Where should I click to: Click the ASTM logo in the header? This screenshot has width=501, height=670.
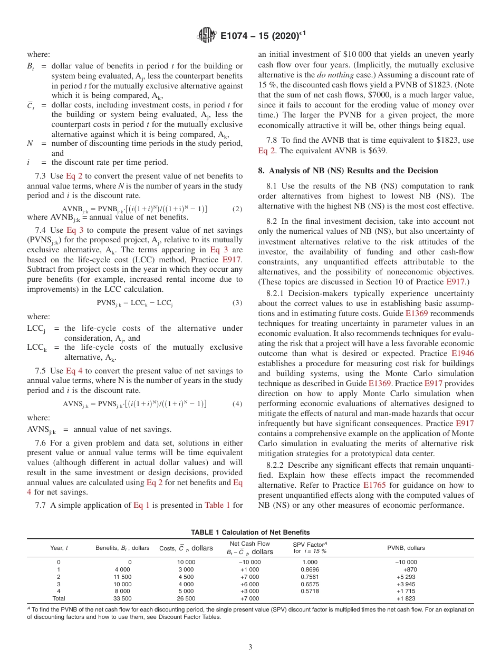[206, 36]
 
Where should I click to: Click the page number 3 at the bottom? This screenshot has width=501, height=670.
[250, 647]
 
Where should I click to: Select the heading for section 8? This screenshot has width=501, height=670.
[348, 171]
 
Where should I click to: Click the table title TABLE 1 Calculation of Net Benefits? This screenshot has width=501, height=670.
[250, 532]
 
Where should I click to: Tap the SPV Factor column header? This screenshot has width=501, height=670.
[310, 547]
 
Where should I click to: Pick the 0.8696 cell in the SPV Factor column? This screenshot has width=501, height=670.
[310, 569]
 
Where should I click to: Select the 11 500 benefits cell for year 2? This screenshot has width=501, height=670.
[122, 577]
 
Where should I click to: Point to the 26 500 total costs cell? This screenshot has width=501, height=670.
[186, 598]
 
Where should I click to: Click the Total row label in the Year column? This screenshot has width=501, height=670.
[59, 598]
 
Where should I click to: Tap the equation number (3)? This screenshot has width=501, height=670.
[237, 303]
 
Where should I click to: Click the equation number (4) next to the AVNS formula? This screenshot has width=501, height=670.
[237, 404]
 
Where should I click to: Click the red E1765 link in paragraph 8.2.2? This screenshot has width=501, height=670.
[375, 485]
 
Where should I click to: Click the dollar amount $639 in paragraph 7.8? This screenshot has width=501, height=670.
[379, 151]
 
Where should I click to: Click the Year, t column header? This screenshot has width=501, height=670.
[59, 548]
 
